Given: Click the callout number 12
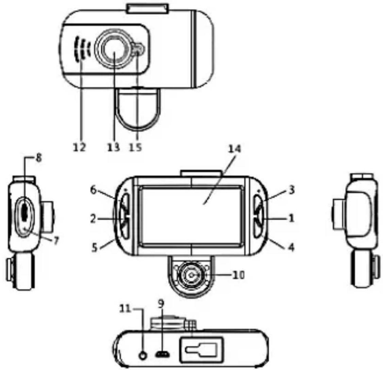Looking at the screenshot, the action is pyautogui.click(x=80, y=147).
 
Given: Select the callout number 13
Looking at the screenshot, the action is pyautogui.click(x=114, y=147).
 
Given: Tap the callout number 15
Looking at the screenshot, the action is pyautogui.click(x=136, y=147).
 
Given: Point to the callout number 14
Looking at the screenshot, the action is pyautogui.click(x=234, y=149).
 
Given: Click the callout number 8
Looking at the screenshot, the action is pyautogui.click(x=39, y=158).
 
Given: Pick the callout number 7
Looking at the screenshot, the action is pyautogui.click(x=56, y=241).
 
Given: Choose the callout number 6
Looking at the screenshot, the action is pyautogui.click(x=93, y=190).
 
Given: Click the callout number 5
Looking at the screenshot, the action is pyautogui.click(x=95, y=248).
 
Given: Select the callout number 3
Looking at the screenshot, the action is pyautogui.click(x=292, y=190).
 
